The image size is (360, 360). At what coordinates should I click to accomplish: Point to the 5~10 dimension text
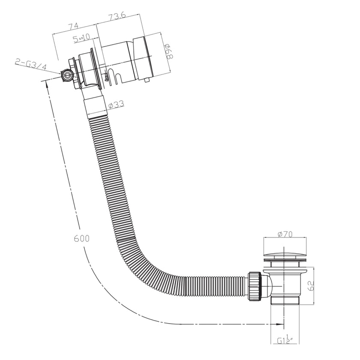[x=81, y=39]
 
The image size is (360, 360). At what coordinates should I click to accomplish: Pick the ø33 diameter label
[x=116, y=104]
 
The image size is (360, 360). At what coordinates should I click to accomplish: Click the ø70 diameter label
[x=285, y=234]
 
